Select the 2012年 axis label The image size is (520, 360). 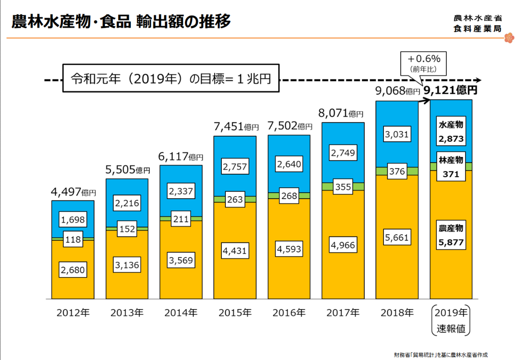pyautogui.click(x=73, y=312)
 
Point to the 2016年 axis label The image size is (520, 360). pyautogui.click(x=289, y=312)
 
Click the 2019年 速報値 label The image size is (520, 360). pyautogui.click(x=451, y=321)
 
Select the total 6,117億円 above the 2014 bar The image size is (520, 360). pyautogui.click(x=180, y=156)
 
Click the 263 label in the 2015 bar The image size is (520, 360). pyautogui.click(x=235, y=200)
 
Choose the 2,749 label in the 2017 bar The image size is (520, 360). pyautogui.click(x=343, y=153)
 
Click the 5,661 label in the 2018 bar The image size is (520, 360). pyautogui.click(x=396, y=237)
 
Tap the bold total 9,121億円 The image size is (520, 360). pyautogui.click(x=451, y=90)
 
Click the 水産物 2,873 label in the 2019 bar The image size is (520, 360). pyautogui.click(x=451, y=132)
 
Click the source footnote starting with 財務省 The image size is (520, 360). pyautogui.click(x=444, y=354)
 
